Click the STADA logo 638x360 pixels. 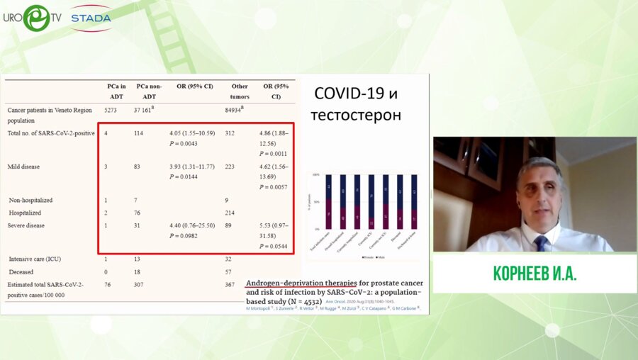tap(91, 18)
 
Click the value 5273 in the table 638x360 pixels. tap(112, 111)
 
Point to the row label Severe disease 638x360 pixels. tap(26, 225)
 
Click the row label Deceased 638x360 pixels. tap(21, 271)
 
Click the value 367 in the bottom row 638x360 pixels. tap(229, 284)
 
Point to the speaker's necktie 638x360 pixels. tap(541, 243)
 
